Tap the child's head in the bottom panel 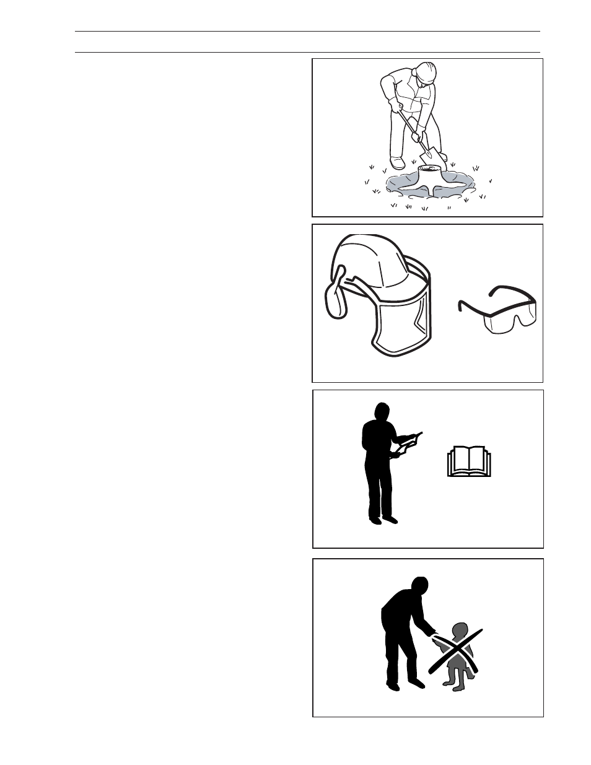click(x=460, y=632)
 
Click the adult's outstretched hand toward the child click(x=434, y=634)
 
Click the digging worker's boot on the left click(x=397, y=164)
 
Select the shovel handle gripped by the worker click(x=409, y=127)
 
